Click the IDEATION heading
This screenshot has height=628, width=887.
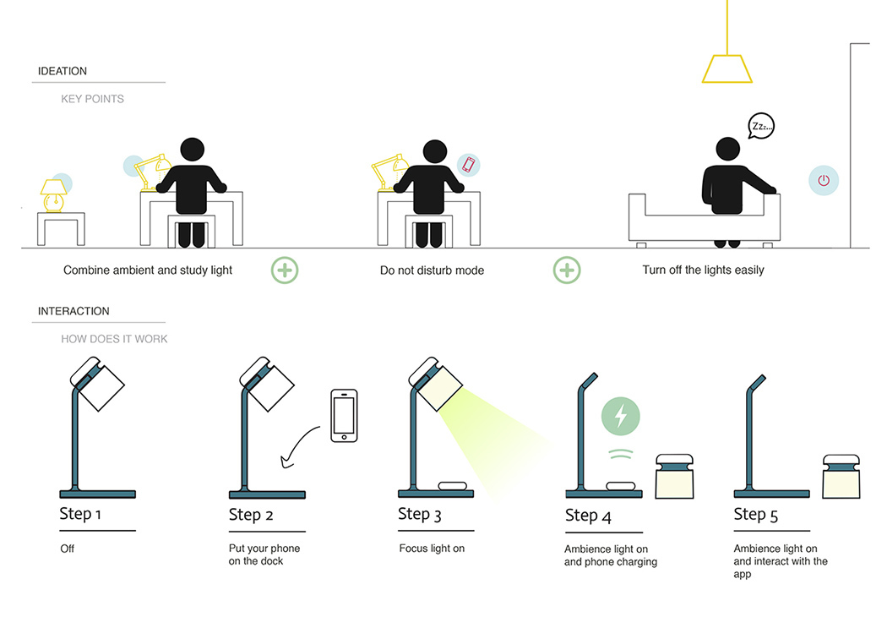pyautogui.click(x=63, y=71)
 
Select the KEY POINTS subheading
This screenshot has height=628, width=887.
pyautogui.click(x=92, y=99)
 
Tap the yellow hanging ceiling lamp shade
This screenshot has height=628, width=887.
pyautogui.click(x=726, y=69)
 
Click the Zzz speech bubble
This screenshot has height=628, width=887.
pyautogui.click(x=760, y=128)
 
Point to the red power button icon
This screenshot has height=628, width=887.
pyautogui.click(x=824, y=180)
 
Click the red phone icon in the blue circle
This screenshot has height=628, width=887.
pyautogui.click(x=469, y=165)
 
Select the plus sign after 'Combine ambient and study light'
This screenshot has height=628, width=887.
pyautogui.click(x=285, y=270)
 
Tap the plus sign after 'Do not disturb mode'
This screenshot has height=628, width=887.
pyautogui.click(x=567, y=270)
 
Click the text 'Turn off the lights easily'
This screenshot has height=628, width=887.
pyautogui.click(x=703, y=270)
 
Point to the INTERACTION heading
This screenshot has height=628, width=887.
pyautogui.click(x=73, y=311)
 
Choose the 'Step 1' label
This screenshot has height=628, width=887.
pyautogui.click(x=81, y=514)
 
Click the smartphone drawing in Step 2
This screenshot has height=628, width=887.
pyautogui.click(x=344, y=416)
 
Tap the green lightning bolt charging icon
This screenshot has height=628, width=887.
pyautogui.click(x=621, y=417)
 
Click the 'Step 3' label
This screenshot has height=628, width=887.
pyautogui.click(x=420, y=514)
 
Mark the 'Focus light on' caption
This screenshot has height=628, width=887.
pyautogui.click(x=432, y=549)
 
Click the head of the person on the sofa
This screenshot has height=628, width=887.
pyautogui.click(x=728, y=150)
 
